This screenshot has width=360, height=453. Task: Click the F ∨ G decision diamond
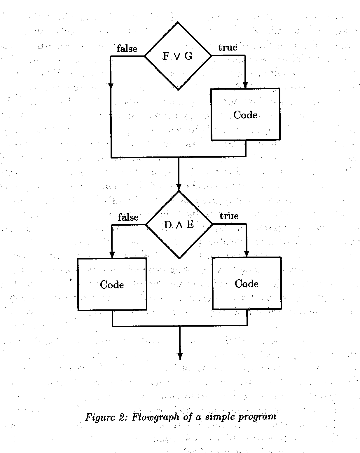[178, 56]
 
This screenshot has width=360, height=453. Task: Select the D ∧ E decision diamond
[179, 224]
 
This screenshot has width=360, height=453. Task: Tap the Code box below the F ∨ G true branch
[245, 114]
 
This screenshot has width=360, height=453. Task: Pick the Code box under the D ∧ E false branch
[112, 284]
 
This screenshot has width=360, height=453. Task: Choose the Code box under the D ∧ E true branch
[247, 283]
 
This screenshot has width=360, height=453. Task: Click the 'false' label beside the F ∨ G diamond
[127, 49]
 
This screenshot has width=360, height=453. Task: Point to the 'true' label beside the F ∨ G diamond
[228, 48]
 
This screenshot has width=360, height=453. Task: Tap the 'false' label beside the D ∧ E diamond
[128, 217]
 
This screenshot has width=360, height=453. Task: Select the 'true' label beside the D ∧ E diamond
[229, 216]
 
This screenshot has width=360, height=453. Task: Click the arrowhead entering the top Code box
[245, 85]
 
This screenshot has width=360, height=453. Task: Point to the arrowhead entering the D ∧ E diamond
[179, 187]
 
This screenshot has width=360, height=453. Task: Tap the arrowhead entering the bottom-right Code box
[247, 254]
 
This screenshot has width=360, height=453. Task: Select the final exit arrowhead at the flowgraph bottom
[180, 356]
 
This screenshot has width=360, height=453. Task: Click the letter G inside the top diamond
[188, 56]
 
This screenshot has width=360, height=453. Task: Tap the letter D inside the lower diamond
[168, 225]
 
